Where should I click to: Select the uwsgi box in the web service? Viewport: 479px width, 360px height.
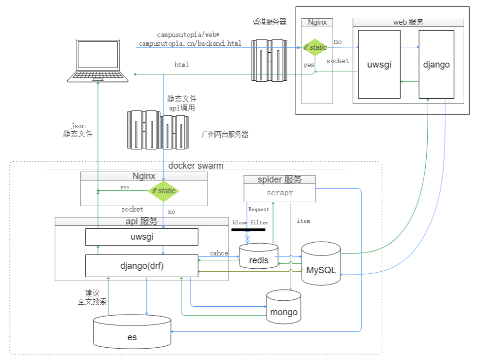click(x=379, y=65)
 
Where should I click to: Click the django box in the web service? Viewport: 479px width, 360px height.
click(x=436, y=65)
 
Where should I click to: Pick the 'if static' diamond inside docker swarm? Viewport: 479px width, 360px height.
click(x=164, y=191)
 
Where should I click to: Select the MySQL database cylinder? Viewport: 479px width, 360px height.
click(x=321, y=264)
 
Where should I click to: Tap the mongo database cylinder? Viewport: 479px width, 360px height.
click(x=284, y=307)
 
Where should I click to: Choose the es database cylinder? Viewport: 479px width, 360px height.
click(x=132, y=331)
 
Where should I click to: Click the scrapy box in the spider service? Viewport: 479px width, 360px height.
click(x=279, y=193)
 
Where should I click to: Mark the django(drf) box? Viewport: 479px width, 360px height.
click(x=142, y=266)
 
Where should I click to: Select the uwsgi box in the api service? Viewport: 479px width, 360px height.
click(x=142, y=237)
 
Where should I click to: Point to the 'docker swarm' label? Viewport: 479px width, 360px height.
click(x=196, y=166)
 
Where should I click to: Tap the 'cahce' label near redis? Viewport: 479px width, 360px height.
click(x=219, y=253)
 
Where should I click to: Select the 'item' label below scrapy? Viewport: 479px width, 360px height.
click(x=304, y=221)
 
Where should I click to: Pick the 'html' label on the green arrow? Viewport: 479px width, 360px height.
click(x=181, y=65)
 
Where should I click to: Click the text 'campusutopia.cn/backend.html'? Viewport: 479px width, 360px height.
click(x=190, y=43)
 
